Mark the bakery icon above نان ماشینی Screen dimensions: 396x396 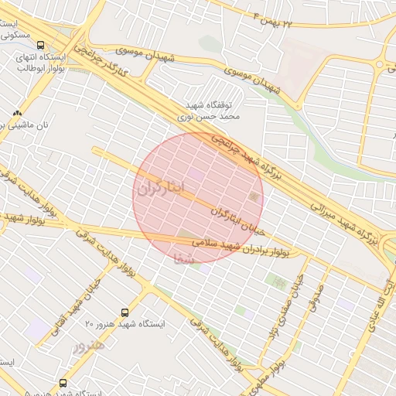pyautogui.click(x=17, y=113)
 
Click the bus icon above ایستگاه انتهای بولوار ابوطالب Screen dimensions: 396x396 pyautogui.click(x=39, y=45)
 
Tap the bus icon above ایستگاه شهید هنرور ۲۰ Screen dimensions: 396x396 pyautogui.click(x=125, y=312)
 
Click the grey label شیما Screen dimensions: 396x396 pyautogui.click(x=186, y=254)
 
